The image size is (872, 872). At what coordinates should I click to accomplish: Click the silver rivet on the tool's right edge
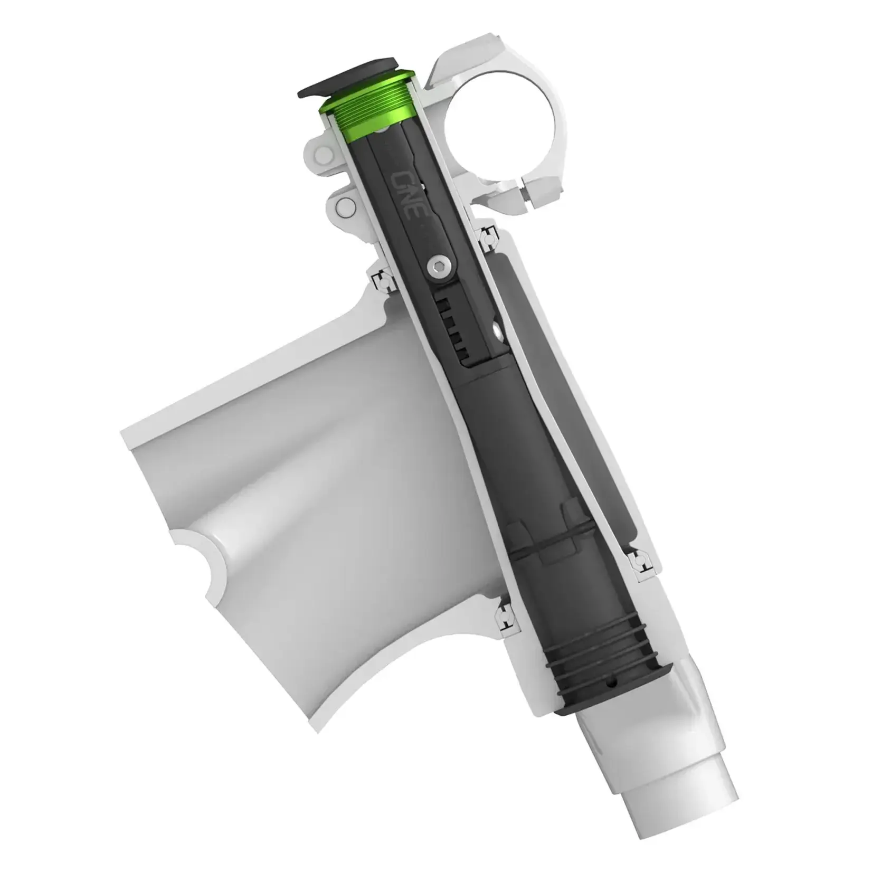(x=497, y=330)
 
